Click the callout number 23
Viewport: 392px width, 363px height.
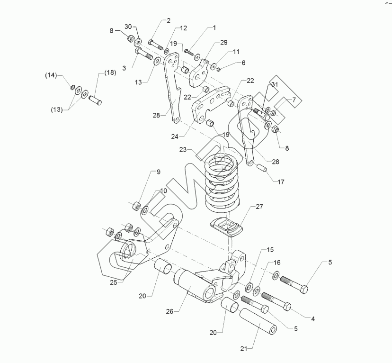tap(184, 150)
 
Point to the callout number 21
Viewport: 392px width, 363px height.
tap(244, 349)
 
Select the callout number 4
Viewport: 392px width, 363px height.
tap(313, 319)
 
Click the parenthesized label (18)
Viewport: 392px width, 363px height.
tap(110, 73)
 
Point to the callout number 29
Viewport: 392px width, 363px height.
tap(224, 43)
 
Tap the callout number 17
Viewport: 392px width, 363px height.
tap(281, 181)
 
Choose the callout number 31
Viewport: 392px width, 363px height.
tap(274, 84)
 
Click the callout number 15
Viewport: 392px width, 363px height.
tap(270, 249)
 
